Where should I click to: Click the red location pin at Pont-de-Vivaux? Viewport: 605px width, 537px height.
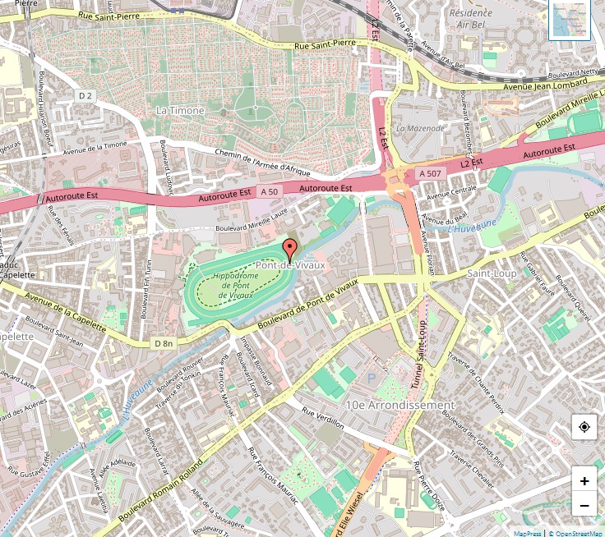point(289,249)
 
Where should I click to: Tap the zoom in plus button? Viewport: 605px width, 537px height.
point(584,481)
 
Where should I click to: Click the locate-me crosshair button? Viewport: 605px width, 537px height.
point(584,427)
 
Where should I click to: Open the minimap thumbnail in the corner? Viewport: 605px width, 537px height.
point(571,21)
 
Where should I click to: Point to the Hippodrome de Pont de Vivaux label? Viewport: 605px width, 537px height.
point(235,285)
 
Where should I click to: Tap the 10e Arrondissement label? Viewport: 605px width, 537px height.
point(400,406)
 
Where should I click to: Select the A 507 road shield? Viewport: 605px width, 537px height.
point(431,173)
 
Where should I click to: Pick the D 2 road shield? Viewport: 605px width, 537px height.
point(85,96)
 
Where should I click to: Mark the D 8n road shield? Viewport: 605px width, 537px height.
point(164,343)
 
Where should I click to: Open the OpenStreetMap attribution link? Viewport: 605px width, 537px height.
point(579,533)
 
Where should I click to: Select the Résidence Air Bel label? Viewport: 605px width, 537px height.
point(471,19)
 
